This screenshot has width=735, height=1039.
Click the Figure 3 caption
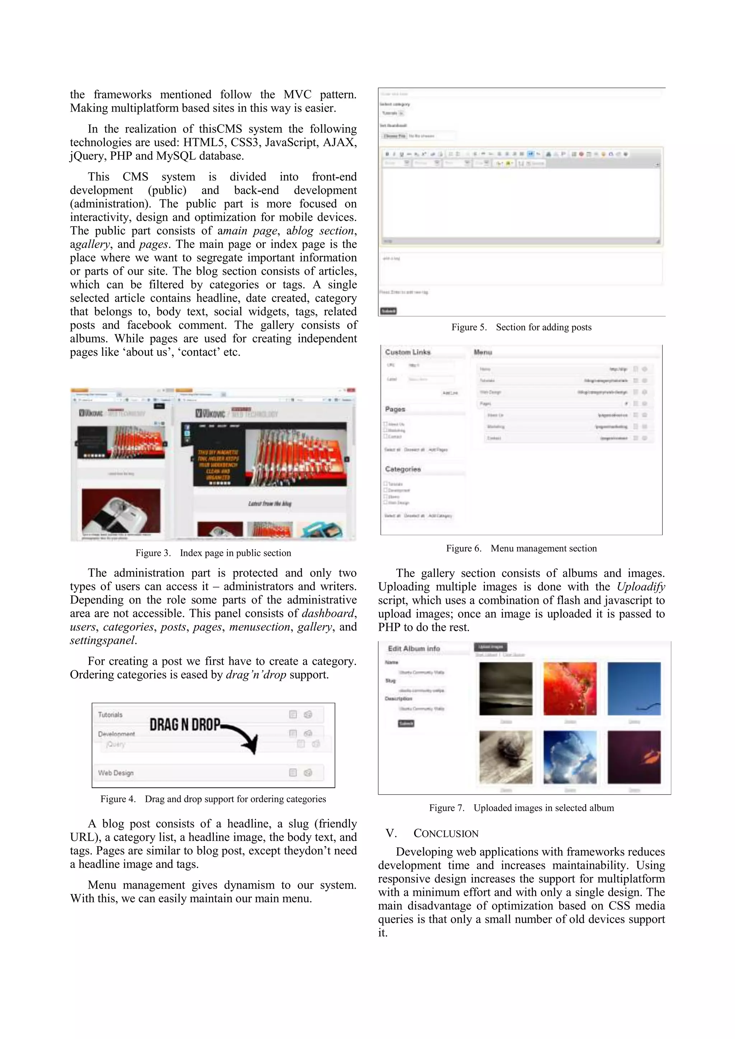point(213,553)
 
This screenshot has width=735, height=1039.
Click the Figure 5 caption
point(521,327)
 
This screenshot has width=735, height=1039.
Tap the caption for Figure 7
point(521,808)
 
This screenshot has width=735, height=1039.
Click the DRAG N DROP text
point(185,725)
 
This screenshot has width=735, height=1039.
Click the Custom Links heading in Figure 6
point(407,352)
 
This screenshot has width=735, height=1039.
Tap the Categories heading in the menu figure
point(402,469)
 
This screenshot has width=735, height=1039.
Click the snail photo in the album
point(506,757)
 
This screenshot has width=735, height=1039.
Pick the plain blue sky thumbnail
point(634,688)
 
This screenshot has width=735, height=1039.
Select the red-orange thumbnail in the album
point(570,688)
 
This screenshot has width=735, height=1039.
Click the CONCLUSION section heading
point(445,834)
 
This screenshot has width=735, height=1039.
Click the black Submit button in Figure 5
point(388,311)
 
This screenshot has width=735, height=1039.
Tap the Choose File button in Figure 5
point(394,136)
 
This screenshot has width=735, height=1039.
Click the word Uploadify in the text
point(640,587)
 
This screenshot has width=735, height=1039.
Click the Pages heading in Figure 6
point(395,409)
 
